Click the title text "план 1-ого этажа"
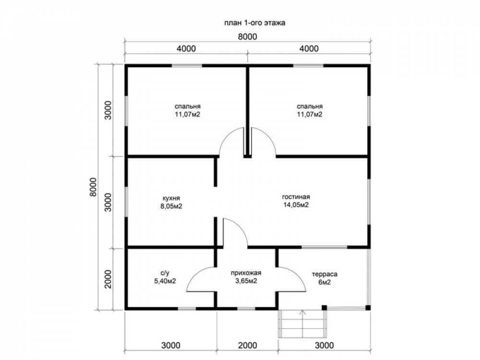point(255,23)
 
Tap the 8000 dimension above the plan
point(247,37)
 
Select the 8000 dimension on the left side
point(93,187)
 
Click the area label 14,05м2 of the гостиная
point(296,205)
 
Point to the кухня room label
point(171,198)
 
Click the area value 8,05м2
point(171,206)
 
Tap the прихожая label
point(246,273)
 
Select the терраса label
point(324,274)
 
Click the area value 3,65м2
point(246,281)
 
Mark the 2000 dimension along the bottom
point(247,346)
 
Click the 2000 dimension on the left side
point(108,279)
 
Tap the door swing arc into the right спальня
point(269,136)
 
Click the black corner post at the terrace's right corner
point(368,308)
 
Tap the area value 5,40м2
point(165,281)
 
